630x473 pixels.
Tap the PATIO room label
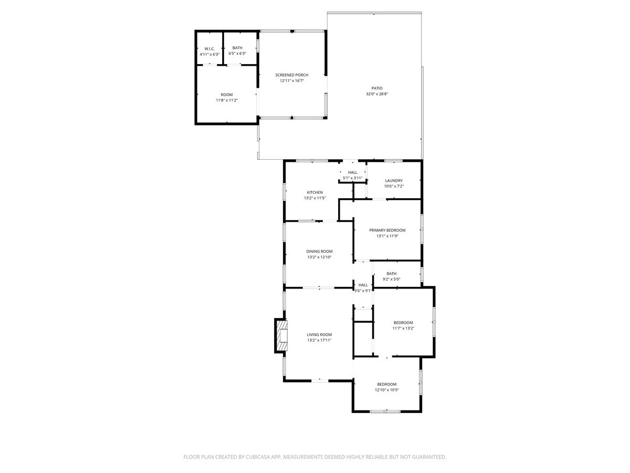[377, 88]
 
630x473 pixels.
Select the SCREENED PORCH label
[291, 75]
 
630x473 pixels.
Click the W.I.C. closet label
[209, 48]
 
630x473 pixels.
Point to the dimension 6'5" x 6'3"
[237, 54]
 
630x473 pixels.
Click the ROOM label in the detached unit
[226, 95]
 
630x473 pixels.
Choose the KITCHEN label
[315, 192]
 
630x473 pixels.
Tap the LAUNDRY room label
[394, 180]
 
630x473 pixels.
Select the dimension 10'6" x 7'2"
[394, 186]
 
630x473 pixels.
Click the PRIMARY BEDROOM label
[387, 230]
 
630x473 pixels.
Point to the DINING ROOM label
[320, 251]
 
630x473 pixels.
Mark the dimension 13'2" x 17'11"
[319, 340]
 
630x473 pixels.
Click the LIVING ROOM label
[319, 334]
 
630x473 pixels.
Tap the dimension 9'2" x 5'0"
[392, 279]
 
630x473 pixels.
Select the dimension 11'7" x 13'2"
[403, 328]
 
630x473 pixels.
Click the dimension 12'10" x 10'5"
[386, 390]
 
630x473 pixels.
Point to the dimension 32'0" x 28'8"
[377, 94]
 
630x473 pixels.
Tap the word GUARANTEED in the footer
[425, 457]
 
